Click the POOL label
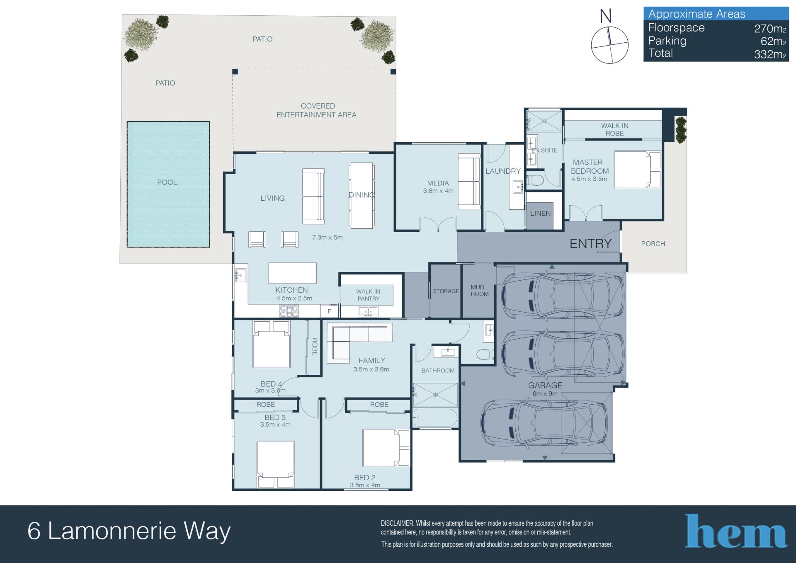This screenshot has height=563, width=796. pos(167,182)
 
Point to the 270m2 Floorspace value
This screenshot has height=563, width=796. pos(770,29)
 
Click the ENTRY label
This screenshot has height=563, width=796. pos(590,244)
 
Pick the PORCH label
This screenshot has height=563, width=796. pos(653,244)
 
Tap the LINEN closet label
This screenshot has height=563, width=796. pos(540,214)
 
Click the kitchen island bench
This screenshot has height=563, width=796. pos(293,273)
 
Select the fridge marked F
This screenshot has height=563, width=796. pos(330,311)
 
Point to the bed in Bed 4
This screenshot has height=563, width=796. pos(272,344)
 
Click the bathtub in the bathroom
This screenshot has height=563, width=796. pos(435,418)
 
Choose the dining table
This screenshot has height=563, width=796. pos(362,195)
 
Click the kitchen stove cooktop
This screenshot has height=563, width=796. pos(289,311)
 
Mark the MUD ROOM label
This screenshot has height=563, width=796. pos(480,291)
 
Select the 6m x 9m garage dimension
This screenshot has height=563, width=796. pos(545,394)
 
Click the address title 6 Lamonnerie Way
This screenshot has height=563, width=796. pos(129,531)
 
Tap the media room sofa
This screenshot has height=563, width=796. pos(469,181)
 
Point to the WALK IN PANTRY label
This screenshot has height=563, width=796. pos(368,295)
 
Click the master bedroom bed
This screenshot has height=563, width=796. pos(638,170)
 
